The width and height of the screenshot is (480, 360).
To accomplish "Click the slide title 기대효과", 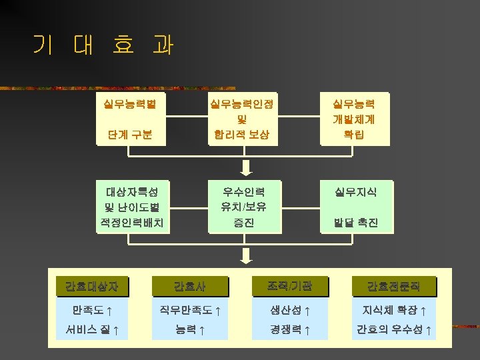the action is (103, 45).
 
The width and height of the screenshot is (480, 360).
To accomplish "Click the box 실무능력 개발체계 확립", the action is (354, 119).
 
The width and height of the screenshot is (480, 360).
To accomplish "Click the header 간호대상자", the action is (92, 287).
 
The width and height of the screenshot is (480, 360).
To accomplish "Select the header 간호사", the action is (190, 287).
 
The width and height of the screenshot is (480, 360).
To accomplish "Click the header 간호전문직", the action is (393, 287).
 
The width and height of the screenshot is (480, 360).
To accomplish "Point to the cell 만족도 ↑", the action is (92, 310).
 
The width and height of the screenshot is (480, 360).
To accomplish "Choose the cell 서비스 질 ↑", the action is (92, 329).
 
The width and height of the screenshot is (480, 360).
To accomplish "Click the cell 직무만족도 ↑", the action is (190, 310).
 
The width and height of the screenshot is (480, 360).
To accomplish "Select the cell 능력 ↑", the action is (190, 329).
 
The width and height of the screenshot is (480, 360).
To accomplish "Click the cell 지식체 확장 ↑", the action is (393, 310).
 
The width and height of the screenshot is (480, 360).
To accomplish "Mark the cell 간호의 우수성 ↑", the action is (393, 329).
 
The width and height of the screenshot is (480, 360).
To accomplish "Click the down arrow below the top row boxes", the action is (246, 166).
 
